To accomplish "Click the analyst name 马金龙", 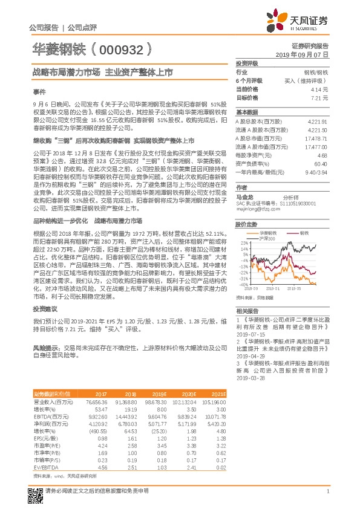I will pyautogui.click(x=244, y=197).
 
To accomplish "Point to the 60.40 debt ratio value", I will pyautogui.click(x=321, y=164).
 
